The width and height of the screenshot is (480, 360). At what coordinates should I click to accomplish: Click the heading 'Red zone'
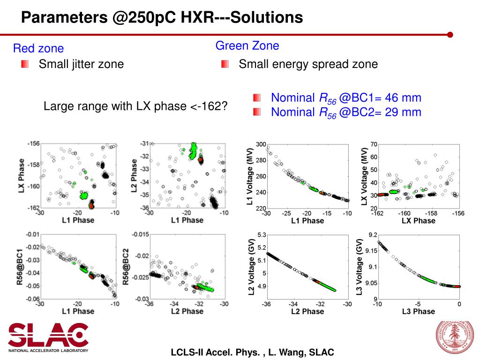click(x=38, y=48)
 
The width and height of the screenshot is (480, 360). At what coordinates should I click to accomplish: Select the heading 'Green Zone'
click(x=247, y=46)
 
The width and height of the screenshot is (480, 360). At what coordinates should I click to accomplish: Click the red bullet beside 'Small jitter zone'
click(x=25, y=64)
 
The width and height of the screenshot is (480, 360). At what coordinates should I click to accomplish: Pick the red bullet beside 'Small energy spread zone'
click(x=225, y=64)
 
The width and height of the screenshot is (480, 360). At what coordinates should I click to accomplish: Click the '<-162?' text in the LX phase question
click(x=209, y=106)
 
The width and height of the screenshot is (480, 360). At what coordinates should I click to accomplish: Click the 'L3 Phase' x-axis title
click(x=419, y=311)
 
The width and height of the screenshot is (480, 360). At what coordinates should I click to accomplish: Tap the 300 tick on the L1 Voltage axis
click(x=261, y=144)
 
